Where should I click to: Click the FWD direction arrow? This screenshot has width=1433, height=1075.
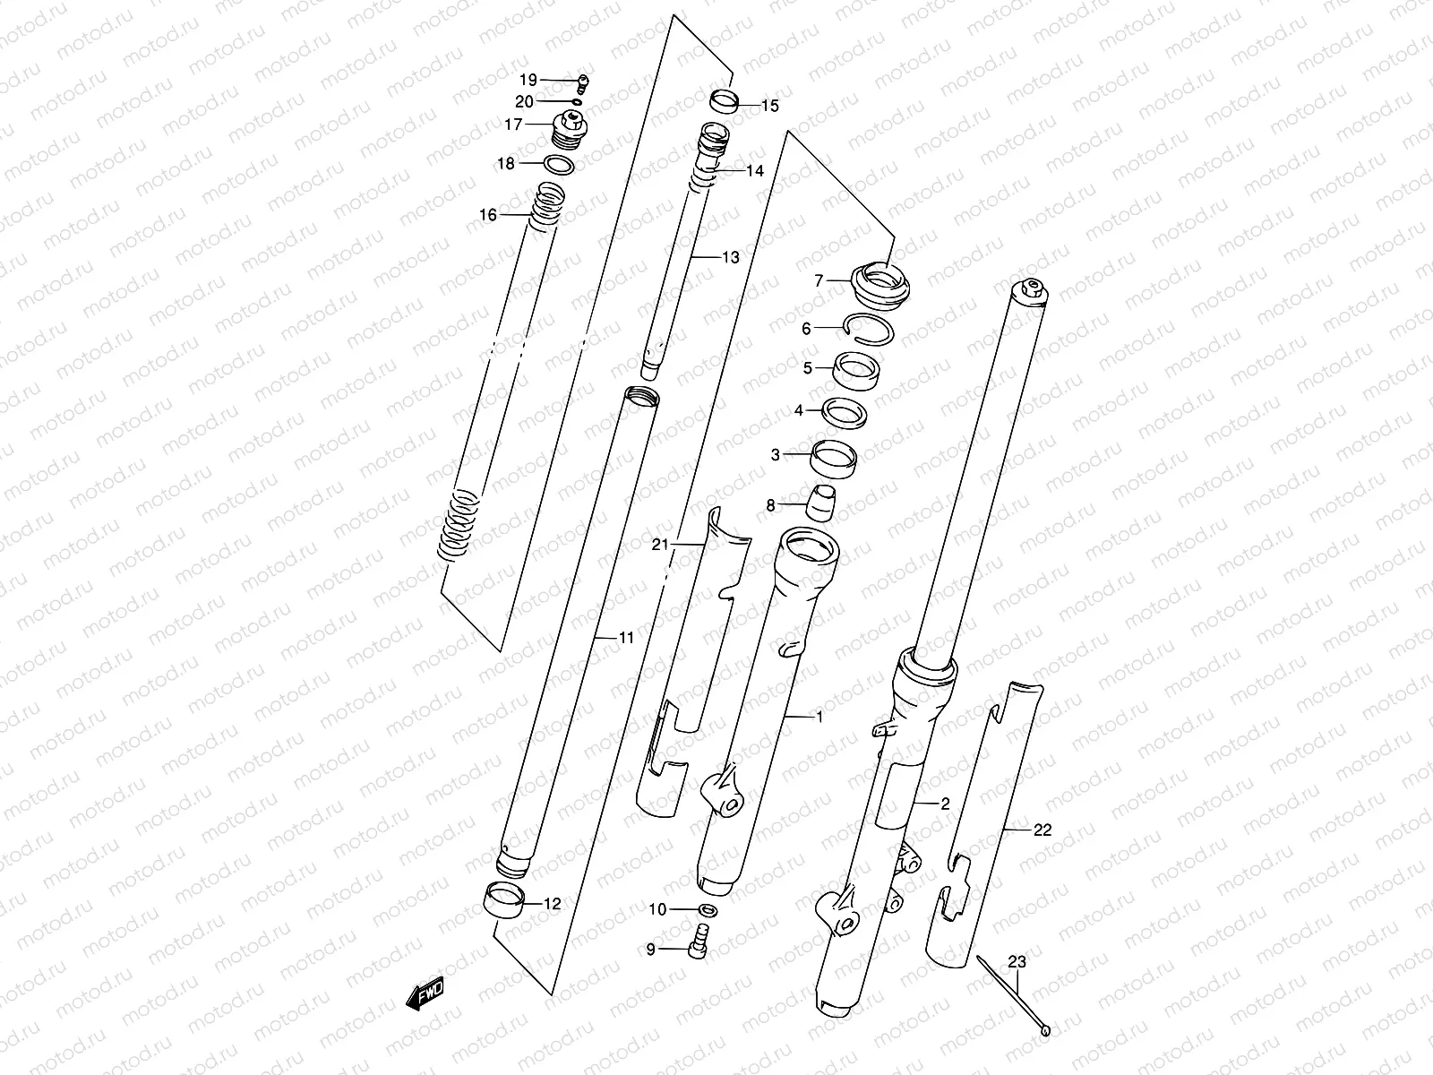coord(426,995)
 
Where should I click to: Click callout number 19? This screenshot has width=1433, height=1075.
coord(528,80)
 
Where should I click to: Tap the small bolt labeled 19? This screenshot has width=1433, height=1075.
coord(583,83)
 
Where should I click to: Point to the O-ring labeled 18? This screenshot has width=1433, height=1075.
coord(560,165)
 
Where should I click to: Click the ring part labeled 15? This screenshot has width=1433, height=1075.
coord(724,101)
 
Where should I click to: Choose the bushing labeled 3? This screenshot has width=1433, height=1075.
coord(834,456)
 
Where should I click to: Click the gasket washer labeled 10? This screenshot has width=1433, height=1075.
coord(708,910)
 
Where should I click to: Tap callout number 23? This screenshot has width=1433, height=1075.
coord(1017,963)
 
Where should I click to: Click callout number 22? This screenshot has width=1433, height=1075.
coord(1042,830)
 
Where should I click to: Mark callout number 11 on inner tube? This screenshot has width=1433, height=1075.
coord(625,638)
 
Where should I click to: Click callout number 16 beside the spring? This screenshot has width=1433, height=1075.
coord(487,215)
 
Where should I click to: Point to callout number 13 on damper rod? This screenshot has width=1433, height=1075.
coord(730,257)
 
